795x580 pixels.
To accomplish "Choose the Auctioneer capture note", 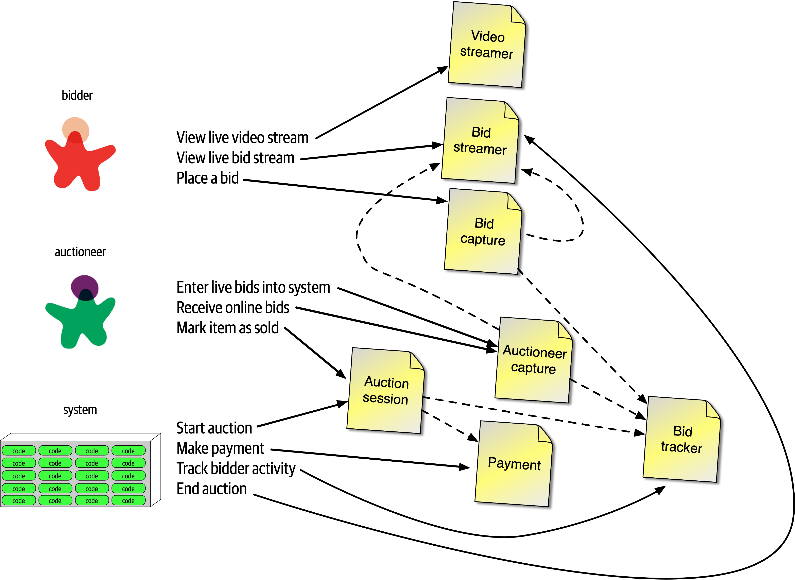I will pyautogui.click(x=534, y=360).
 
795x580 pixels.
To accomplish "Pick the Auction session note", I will pyautogui.click(x=386, y=390).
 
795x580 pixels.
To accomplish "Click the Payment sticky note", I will pyautogui.click(x=514, y=463).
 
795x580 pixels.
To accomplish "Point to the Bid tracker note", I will pyautogui.click(x=682, y=439).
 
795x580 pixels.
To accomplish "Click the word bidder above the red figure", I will pyautogui.click(x=77, y=95).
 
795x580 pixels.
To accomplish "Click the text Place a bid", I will pyautogui.click(x=207, y=178).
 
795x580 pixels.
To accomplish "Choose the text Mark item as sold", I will pyautogui.click(x=227, y=328).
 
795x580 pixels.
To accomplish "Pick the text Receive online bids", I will pyautogui.click(x=233, y=308).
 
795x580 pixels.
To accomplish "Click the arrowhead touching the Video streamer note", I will pyautogui.click(x=443, y=69).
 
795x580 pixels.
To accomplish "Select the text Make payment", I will pyautogui.click(x=220, y=448).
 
